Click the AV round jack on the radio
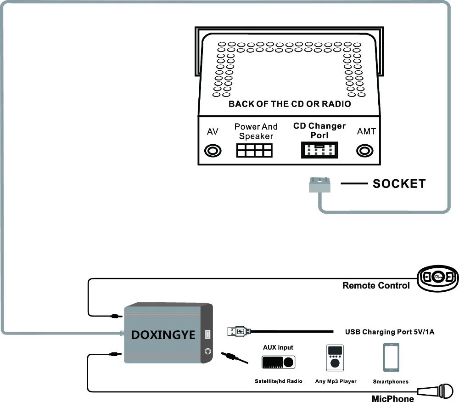(x=213, y=151)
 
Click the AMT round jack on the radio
(x=365, y=151)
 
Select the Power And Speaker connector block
(x=254, y=150)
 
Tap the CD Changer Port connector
(x=319, y=150)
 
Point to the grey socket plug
(x=319, y=185)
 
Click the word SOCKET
(x=399, y=184)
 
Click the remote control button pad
(x=438, y=278)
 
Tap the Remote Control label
(x=376, y=285)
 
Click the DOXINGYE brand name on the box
(x=163, y=335)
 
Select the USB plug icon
(x=239, y=332)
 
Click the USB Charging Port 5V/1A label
(x=390, y=332)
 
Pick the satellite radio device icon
(x=279, y=362)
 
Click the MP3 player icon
(x=335, y=358)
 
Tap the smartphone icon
(x=391, y=357)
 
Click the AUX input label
(x=278, y=347)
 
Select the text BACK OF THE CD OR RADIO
(x=290, y=104)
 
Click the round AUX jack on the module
(x=208, y=351)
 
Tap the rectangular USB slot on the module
(x=207, y=334)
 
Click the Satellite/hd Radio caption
(x=279, y=381)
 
